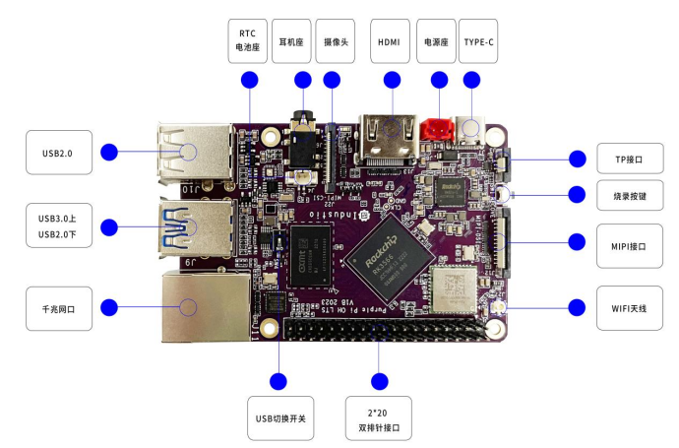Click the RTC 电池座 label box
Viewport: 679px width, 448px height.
(249, 38)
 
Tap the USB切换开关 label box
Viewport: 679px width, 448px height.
(280, 418)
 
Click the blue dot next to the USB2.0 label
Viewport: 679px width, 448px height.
(109, 153)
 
